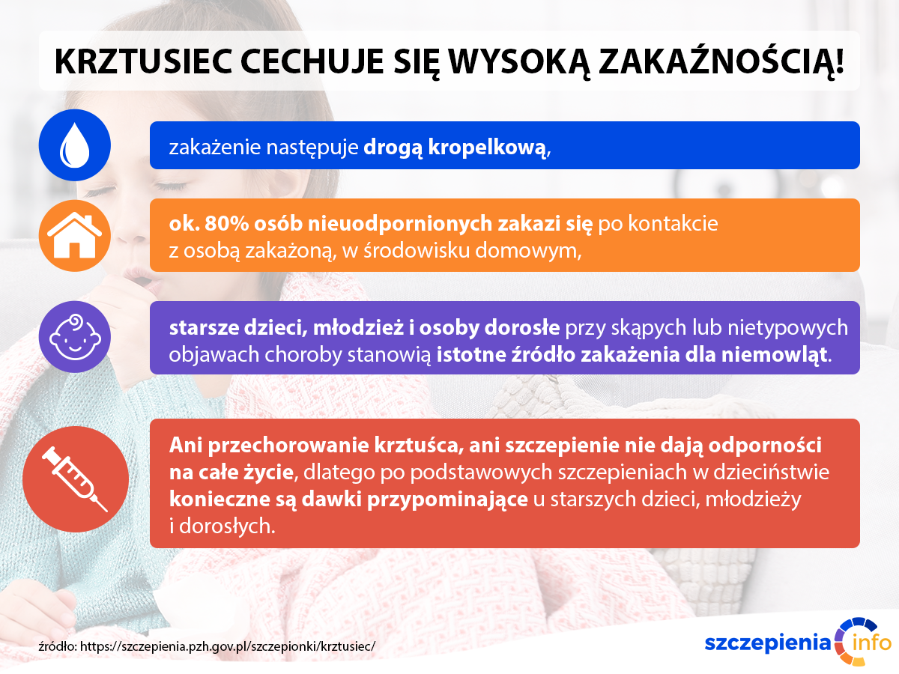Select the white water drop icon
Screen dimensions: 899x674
pyautogui.click(x=74, y=145)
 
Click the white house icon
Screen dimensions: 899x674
pyautogui.click(x=74, y=235)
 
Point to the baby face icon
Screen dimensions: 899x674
pyautogui.click(x=75, y=337)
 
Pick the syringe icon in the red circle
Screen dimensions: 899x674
pyautogui.click(x=75, y=479)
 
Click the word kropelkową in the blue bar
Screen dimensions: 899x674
pyautogui.click(x=487, y=148)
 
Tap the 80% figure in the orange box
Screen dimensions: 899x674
pyautogui.click(x=226, y=223)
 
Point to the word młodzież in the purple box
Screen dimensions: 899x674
pyautogui.click(x=358, y=327)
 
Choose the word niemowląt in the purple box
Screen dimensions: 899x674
pyautogui.click(x=774, y=355)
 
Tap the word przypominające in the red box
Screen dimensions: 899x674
pyautogui.click(x=447, y=500)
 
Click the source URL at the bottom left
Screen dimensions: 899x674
pyautogui.click(x=227, y=646)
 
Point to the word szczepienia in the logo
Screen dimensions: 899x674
pyautogui.click(x=768, y=644)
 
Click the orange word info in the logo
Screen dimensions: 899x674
pyautogui.click(x=871, y=642)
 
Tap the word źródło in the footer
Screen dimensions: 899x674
pyautogui.click(x=58, y=646)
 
